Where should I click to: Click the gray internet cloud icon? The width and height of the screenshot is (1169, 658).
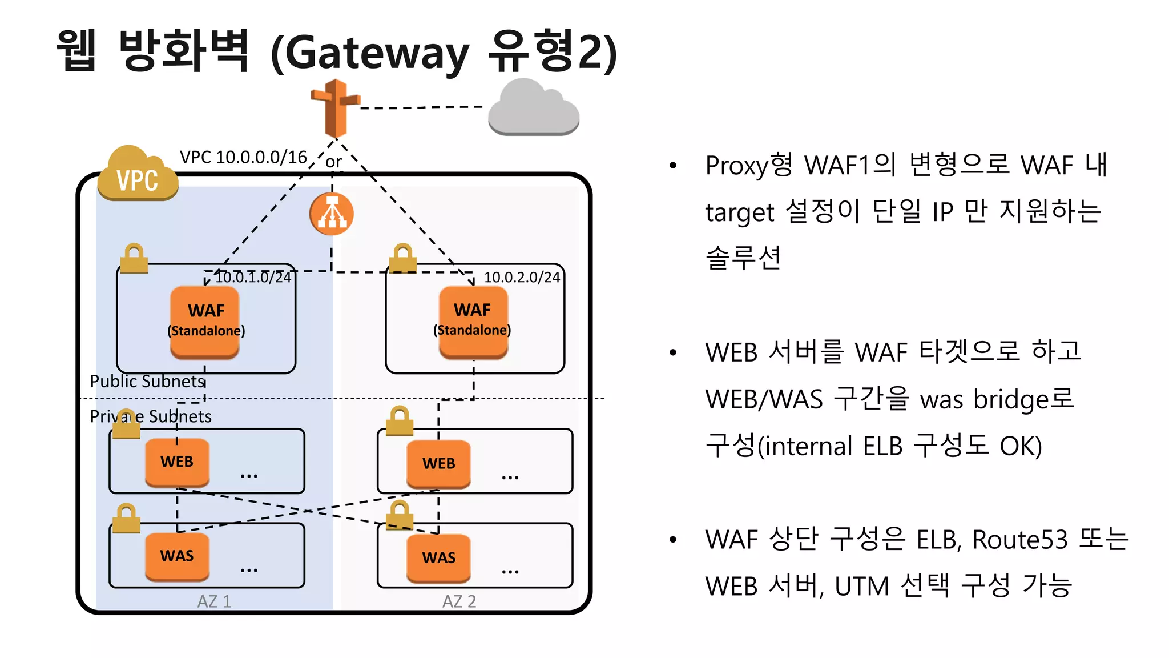534,109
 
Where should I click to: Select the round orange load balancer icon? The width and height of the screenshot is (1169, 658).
332,214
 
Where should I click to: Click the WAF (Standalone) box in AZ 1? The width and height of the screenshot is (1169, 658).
205,322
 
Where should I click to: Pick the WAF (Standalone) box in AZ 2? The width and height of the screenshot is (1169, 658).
473,322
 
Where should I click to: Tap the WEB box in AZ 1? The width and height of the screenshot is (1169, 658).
177,462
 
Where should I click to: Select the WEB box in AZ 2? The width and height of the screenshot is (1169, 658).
438,463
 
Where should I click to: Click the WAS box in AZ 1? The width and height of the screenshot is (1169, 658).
177,556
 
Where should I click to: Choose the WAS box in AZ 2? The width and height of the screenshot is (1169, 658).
438,558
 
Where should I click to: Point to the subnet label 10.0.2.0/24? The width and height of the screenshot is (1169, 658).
522,278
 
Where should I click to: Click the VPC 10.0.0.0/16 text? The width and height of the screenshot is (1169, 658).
243,157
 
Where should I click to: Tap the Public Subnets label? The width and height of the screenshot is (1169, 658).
147,381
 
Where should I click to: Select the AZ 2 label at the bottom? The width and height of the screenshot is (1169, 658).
459,601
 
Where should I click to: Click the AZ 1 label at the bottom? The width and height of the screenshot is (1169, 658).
214,601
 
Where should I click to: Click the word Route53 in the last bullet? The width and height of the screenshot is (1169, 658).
1019,540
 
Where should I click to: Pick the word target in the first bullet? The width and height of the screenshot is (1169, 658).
739,212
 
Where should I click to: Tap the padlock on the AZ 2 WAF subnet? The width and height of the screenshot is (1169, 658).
403,258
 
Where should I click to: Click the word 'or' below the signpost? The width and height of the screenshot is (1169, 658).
333,162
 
